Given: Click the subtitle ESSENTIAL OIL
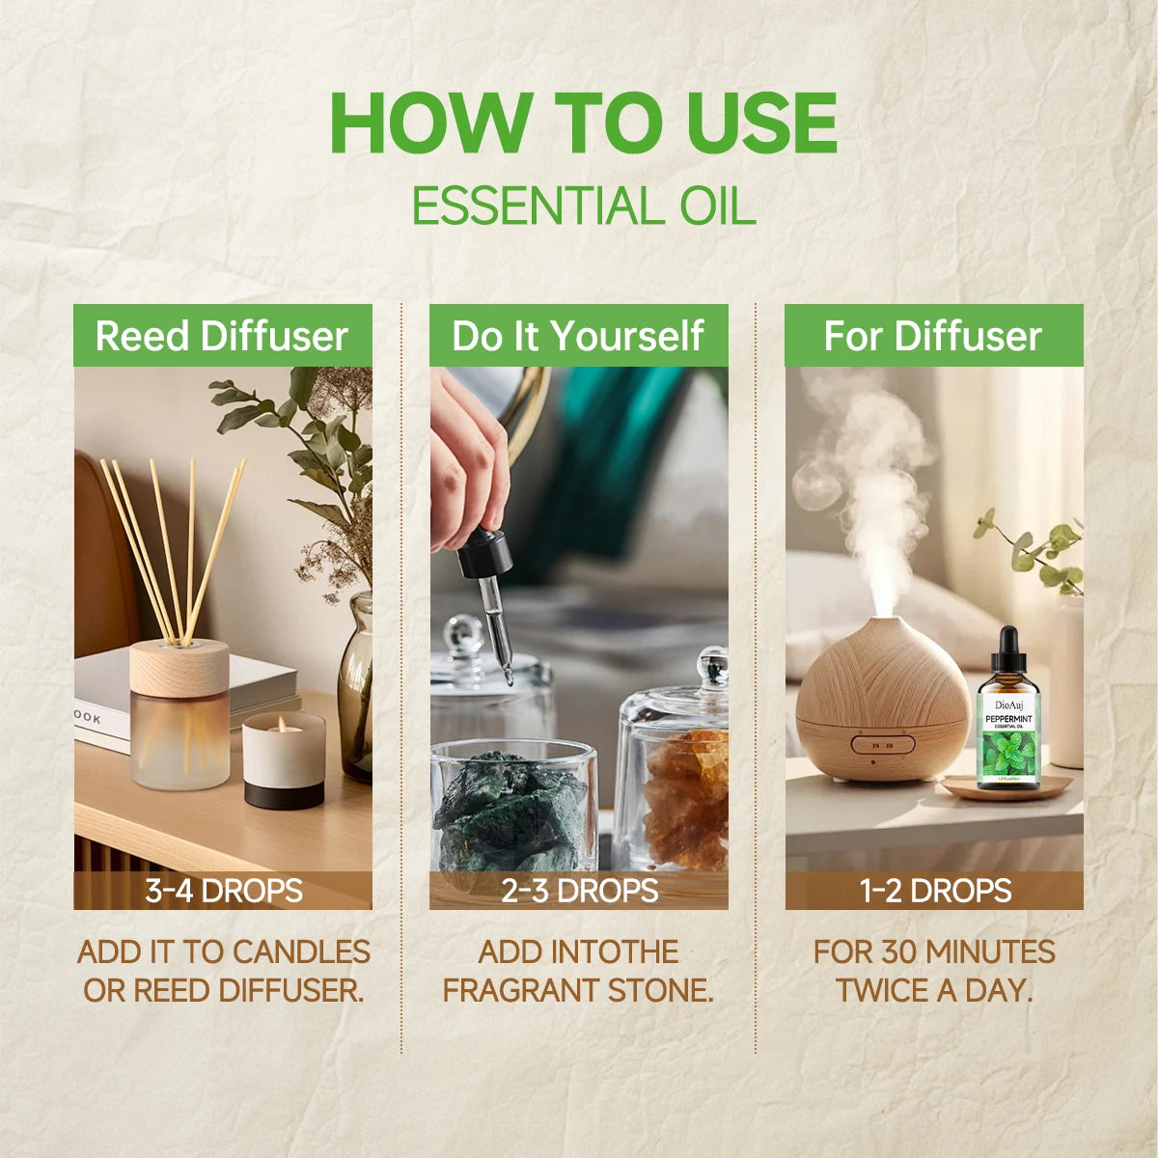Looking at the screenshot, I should pos(583,206).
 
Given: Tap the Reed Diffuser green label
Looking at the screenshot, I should pos(222,336).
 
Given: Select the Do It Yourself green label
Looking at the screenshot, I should pos(578,336).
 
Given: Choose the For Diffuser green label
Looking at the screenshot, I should pos(933,336).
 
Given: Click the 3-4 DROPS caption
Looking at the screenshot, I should pos(223,890).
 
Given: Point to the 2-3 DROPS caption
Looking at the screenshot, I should pos(579,890).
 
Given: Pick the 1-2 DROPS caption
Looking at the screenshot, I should pos(934,890).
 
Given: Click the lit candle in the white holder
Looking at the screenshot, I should pos(283,758).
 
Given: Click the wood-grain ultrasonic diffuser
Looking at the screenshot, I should pos(883,700).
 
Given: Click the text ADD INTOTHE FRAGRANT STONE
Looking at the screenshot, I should pos(578,971).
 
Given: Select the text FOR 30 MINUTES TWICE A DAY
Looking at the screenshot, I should pos(934,971).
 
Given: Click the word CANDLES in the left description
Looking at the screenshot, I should pos(301,951).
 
